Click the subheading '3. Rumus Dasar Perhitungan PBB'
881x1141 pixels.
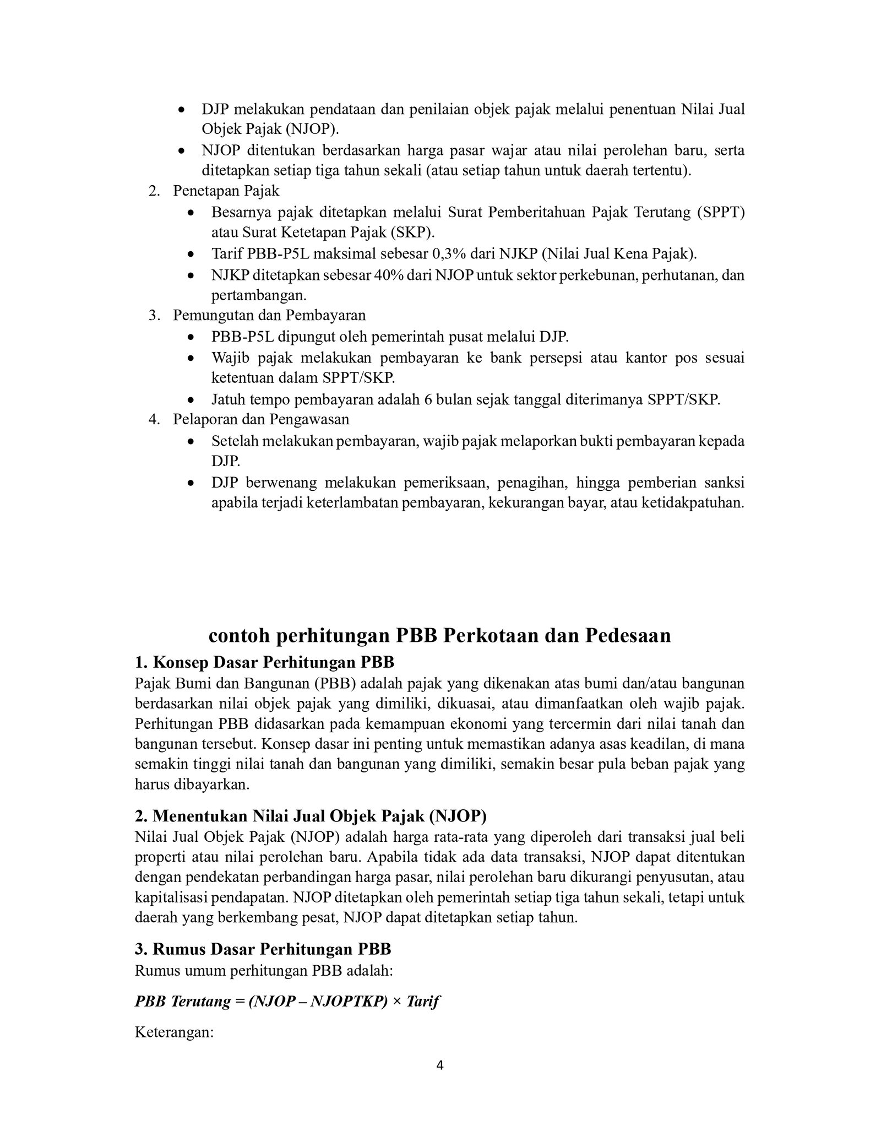[x=263, y=949]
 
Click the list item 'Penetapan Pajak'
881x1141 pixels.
[x=226, y=191]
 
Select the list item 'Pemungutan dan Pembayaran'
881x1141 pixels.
[x=269, y=315]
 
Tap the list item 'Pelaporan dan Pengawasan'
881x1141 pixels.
[x=261, y=419]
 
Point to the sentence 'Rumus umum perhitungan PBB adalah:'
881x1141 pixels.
[x=264, y=970]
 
